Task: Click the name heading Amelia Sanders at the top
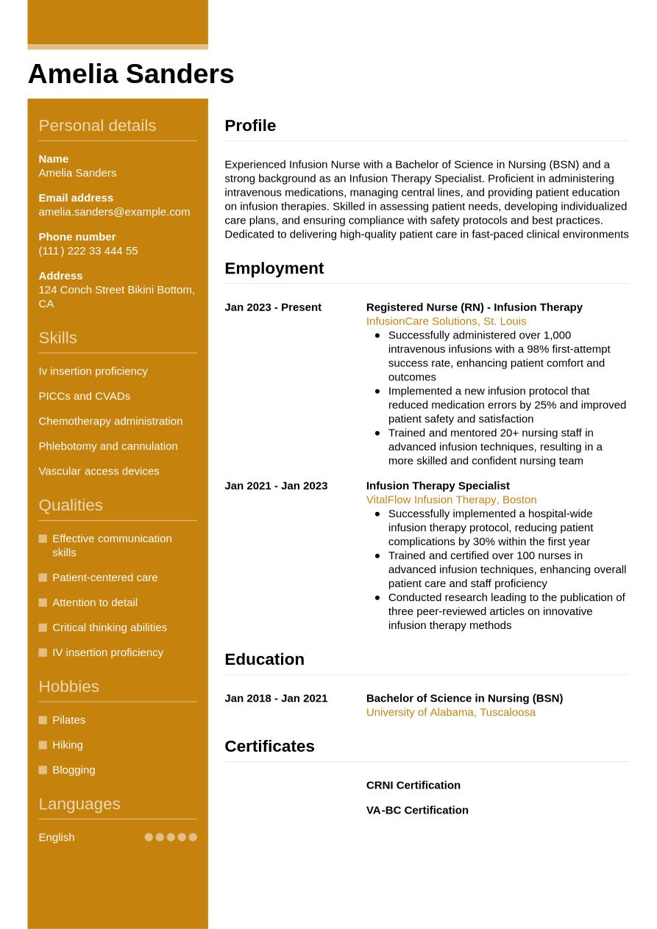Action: [131, 74]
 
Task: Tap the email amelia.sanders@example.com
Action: [114, 212]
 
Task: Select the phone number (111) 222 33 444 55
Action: [88, 251]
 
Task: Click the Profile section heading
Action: [250, 126]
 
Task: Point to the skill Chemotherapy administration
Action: [110, 421]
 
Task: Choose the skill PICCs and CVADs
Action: [84, 396]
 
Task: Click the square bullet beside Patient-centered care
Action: [43, 578]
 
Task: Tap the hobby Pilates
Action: [68, 720]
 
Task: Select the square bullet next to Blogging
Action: [43, 770]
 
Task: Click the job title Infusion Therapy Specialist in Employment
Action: [438, 485]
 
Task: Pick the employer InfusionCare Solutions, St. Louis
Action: [446, 321]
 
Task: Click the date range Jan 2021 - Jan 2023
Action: [276, 485]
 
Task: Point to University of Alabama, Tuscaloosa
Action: [450, 712]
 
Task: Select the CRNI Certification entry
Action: [413, 785]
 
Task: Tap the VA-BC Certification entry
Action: [417, 810]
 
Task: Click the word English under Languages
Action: [57, 837]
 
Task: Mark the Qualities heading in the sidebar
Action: [71, 505]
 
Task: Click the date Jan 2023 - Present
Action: [273, 307]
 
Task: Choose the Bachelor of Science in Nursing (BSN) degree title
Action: [464, 698]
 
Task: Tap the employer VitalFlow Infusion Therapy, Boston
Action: [451, 499]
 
